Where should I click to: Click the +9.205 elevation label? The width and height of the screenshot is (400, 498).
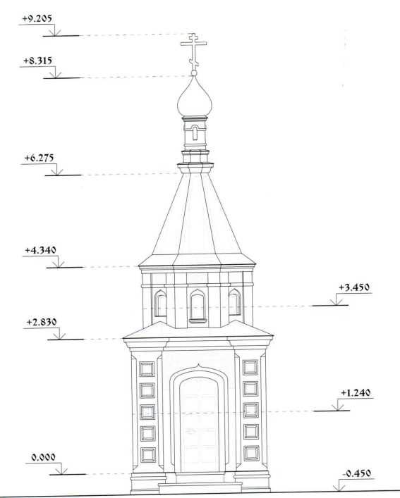point(37,18)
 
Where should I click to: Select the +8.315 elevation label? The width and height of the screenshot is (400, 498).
point(37,61)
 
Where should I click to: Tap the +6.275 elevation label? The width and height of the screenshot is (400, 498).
point(39,158)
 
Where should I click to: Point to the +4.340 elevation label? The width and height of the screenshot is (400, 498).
point(40,250)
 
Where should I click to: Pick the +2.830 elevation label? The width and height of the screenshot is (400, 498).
point(42,322)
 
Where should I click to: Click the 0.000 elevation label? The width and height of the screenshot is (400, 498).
point(43,457)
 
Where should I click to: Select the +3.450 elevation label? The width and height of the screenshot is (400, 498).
point(354,287)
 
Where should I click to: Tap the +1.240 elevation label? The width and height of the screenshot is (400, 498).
point(356,393)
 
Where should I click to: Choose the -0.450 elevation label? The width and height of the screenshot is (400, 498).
point(356,473)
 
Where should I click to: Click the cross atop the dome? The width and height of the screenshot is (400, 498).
point(193,51)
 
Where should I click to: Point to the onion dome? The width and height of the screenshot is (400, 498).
point(194,97)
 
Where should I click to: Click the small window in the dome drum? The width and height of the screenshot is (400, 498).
point(195,132)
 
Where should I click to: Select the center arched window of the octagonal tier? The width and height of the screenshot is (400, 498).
point(197,306)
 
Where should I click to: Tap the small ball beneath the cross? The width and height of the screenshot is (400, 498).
point(194,73)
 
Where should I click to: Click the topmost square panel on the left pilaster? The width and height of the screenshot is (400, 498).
point(147,369)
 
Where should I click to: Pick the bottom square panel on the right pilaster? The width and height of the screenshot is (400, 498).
point(251,454)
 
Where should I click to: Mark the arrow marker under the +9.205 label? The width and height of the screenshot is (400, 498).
point(55,30)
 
